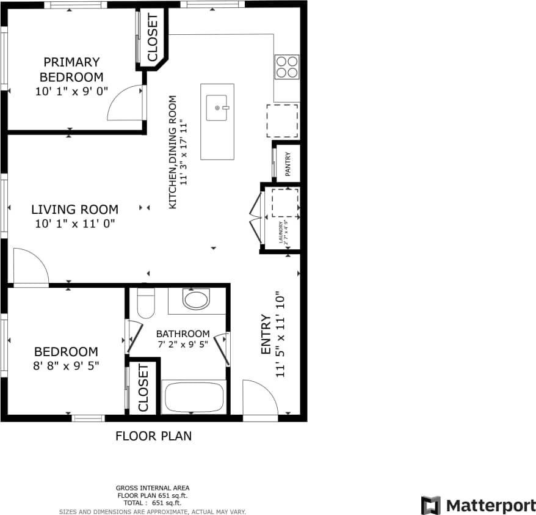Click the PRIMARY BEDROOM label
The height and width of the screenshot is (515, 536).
coord(71,70)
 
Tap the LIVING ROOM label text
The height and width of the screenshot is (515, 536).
coord(74,210)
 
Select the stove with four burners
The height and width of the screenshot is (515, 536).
coord(287,67)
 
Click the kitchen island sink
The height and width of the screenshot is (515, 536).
coord(217,108)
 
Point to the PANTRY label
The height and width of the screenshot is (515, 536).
coord(288,163)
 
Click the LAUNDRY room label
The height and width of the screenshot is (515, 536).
coord(283,232)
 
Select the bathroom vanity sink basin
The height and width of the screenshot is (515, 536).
coord(196,299)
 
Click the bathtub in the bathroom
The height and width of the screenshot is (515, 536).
coord(194,397)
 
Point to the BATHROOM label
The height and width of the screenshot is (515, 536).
coord(183,334)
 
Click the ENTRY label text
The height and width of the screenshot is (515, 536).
coord(266,335)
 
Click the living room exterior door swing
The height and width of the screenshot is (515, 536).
coord(29,267)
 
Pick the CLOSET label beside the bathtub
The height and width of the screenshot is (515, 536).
coord(143,389)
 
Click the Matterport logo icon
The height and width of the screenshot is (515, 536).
coord(430,505)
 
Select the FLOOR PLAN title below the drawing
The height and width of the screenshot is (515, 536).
coord(153,436)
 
